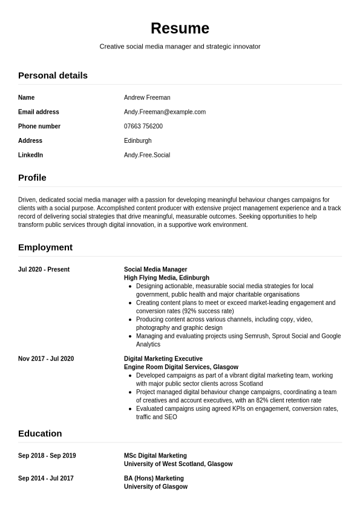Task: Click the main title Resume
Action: (180, 28)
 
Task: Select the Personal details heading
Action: (53, 76)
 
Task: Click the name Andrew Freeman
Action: (147, 97)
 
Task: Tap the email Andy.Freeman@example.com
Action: (165, 112)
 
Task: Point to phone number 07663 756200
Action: (143, 126)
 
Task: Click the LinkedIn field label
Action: (30, 155)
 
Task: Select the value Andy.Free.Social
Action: (146, 155)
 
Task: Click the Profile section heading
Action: (32, 178)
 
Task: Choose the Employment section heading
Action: (45, 248)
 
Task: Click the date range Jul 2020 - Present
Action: (44, 269)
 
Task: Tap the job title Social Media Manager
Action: (155, 269)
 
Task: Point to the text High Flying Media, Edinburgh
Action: (166, 278)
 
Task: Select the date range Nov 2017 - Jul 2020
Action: (46, 359)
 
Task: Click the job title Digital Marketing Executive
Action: (163, 359)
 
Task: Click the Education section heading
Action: (40, 434)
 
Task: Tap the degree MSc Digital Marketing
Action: (155, 456)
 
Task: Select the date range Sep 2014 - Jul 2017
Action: (46, 478)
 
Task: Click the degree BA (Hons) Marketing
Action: (154, 478)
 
